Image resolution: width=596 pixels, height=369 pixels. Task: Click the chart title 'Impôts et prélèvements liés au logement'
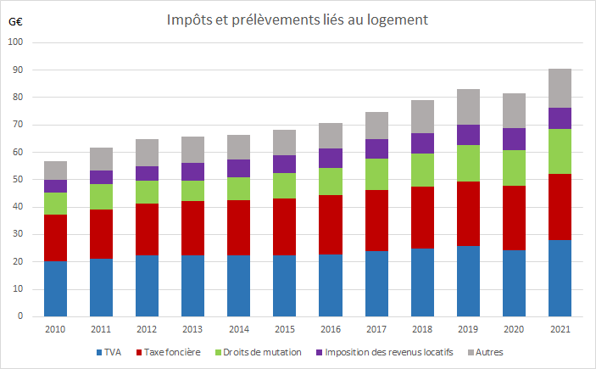tap(297, 19)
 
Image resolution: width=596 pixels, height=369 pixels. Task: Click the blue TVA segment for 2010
tap(56, 288)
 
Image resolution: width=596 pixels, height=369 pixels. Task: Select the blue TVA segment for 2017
tap(376, 283)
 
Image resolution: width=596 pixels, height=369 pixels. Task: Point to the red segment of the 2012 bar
tap(147, 229)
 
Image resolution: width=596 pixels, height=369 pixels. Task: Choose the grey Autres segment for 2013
tap(192, 149)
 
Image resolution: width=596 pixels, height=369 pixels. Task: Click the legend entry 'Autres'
tap(489, 352)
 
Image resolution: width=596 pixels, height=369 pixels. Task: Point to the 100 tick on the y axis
tap(18, 42)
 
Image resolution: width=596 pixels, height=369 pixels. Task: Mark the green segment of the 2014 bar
tap(238, 188)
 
